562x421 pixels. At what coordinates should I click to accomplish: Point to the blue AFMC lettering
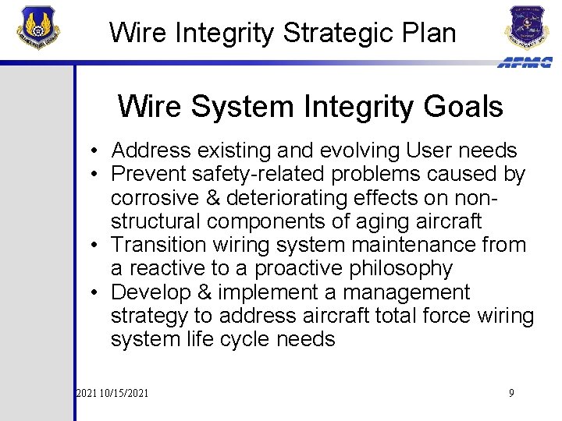point(524,62)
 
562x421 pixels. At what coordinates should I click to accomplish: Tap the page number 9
point(511,393)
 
